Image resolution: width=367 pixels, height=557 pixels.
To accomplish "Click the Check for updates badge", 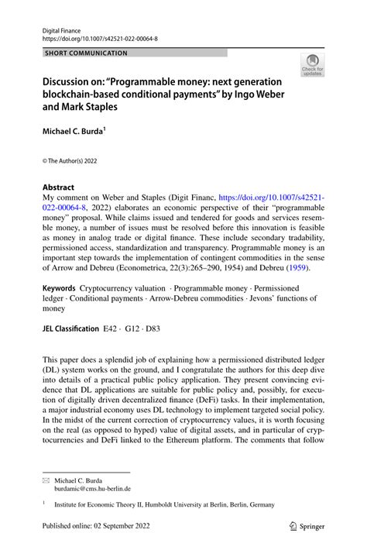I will pos(313,65).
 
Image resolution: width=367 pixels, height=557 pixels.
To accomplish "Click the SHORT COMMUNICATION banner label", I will pos(86,53).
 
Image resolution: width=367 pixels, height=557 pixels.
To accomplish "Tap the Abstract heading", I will pos(58,187).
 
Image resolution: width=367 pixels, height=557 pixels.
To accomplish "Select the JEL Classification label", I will pos(70,328).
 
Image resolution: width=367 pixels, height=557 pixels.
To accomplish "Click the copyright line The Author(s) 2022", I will pos(72,160).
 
